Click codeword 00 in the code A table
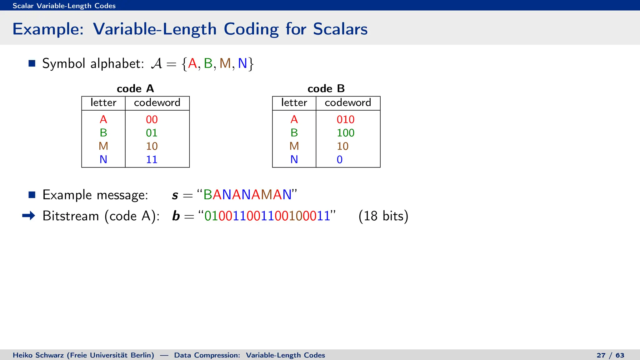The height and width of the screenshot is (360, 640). [x=152, y=119]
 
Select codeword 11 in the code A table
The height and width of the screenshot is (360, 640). [x=152, y=159]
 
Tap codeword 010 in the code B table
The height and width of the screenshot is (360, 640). [x=345, y=119]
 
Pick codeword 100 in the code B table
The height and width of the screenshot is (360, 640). [x=345, y=133]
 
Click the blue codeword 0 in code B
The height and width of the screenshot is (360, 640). [x=340, y=159]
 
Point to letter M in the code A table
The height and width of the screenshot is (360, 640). [x=103, y=146]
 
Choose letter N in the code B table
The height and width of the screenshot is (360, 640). [x=294, y=159]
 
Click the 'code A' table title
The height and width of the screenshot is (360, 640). [x=135, y=89]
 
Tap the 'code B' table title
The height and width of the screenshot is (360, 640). [x=326, y=89]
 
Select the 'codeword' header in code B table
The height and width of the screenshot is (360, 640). [x=348, y=102]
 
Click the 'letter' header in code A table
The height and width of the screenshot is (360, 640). [x=103, y=102]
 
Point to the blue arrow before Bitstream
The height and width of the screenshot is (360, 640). [x=29, y=216]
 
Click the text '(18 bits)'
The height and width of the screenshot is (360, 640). [x=383, y=216]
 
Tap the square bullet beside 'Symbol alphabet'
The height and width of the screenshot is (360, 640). [x=32, y=63]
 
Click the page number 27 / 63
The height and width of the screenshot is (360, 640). [x=610, y=355]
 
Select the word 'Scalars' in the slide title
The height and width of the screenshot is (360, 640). [x=340, y=29]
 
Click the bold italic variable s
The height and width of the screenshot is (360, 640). [x=175, y=195]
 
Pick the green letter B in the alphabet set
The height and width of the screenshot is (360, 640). [x=208, y=63]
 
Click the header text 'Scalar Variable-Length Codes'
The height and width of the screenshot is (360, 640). [x=64, y=6]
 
